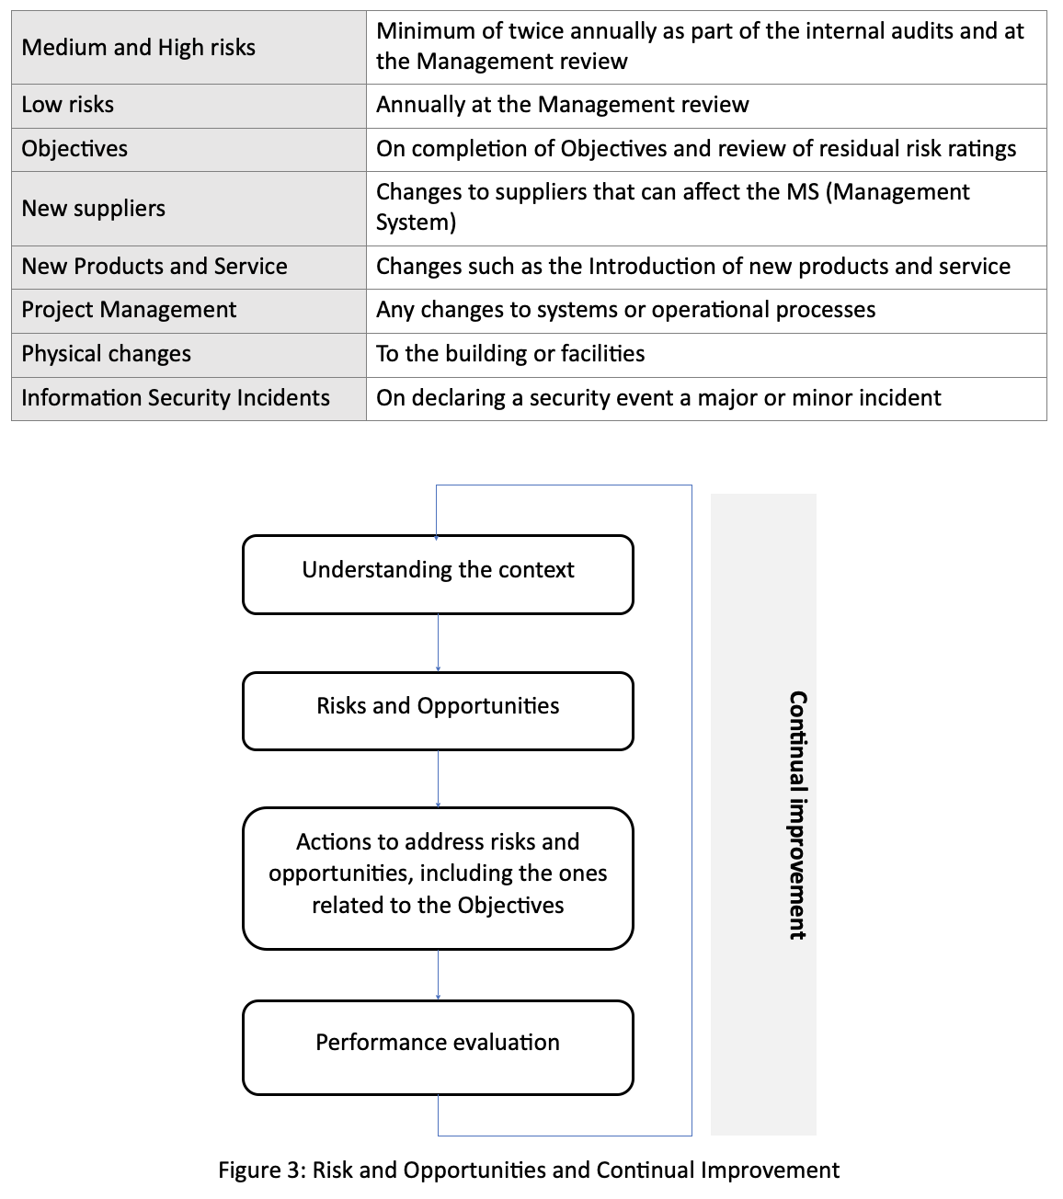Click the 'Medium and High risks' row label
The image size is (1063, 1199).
click(139, 48)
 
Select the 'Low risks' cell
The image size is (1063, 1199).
click(68, 105)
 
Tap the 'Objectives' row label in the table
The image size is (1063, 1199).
click(74, 149)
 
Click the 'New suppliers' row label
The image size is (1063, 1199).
click(94, 209)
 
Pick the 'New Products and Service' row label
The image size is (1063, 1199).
click(154, 267)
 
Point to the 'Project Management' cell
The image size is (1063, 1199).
click(129, 310)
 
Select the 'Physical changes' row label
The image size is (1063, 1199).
click(107, 354)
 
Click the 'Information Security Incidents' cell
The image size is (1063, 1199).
click(176, 398)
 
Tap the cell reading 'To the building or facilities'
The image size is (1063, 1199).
click(510, 354)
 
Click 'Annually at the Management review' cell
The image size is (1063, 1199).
click(562, 105)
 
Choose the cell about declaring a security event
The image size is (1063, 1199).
click(658, 398)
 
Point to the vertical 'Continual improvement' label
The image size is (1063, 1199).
click(797, 815)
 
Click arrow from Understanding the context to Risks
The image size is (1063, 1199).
click(438, 644)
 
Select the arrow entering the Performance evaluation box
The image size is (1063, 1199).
click(438, 976)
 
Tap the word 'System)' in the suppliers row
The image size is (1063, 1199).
click(416, 223)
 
